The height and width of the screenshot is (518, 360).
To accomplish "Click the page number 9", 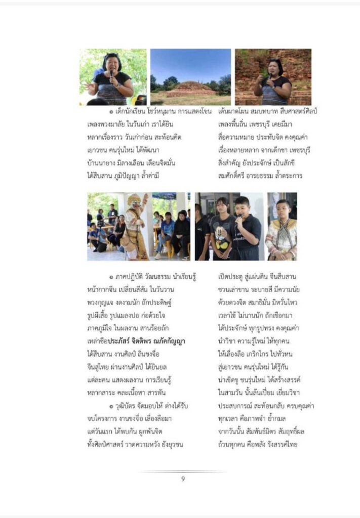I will pos(183,479).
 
